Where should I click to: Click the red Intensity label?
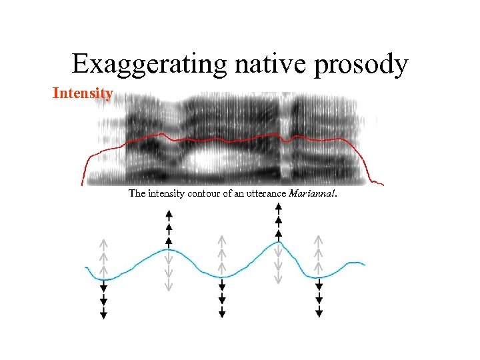(83, 93)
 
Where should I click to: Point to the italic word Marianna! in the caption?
(313, 194)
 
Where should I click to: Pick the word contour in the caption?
(201, 194)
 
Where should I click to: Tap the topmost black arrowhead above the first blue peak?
(169, 213)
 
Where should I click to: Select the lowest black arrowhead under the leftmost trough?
(103, 315)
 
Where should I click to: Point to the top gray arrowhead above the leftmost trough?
(103, 241)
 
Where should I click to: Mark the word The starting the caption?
(136, 194)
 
